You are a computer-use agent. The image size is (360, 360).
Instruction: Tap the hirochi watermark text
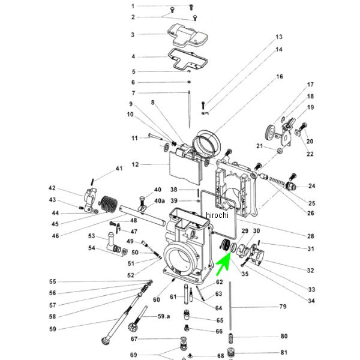click(218, 215)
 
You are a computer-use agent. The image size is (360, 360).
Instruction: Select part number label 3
click(133, 35)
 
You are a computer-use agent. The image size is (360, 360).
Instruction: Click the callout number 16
click(279, 77)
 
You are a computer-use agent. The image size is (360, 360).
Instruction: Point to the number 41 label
click(119, 169)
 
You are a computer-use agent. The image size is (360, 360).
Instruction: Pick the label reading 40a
click(160, 200)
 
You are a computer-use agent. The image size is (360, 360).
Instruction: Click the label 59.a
click(164, 316)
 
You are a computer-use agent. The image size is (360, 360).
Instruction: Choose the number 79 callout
click(283, 307)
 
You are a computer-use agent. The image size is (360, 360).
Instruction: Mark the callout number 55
click(52, 281)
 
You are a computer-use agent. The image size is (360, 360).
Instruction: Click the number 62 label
click(220, 282)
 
